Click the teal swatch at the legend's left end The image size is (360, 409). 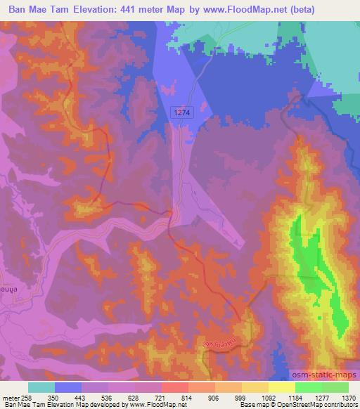pyautogui.click(x=41, y=387)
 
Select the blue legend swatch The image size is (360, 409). pyautogui.click(x=68, y=387)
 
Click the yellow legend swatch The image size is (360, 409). pyautogui.click(x=281, y=387)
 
